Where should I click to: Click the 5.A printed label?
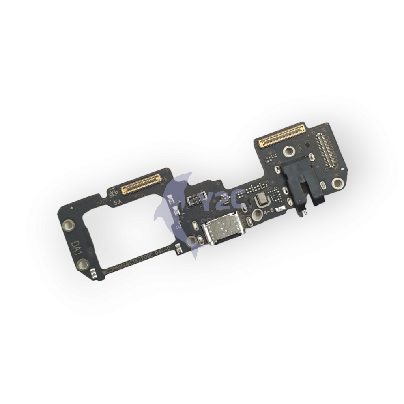(x=118, y=204)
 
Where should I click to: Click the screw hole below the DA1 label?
(x=82, y=265)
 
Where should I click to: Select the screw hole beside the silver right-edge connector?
(x=337, y=183)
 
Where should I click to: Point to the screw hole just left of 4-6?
(x=257, y=215)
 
